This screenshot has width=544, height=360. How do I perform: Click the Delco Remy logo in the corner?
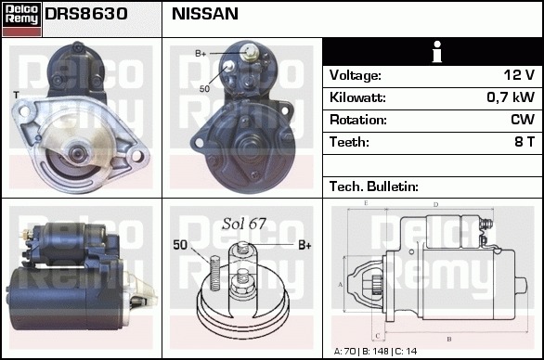pyautogui.click(x=21, y=19)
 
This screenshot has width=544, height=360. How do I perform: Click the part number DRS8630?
pyautogui.click(x=86, y=14)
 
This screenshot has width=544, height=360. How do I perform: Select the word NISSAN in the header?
pyautogui.click(x=205, y=14)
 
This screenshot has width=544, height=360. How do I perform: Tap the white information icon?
pyautogui.click(x=437, y=52)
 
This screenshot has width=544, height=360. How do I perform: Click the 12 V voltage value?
pyautogui.click(x=519, y=75)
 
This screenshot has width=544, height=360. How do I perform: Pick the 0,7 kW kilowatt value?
pyautogui.click(x=511, y=97)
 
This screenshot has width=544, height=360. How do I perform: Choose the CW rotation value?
pyautogui.click(x=523, y=120)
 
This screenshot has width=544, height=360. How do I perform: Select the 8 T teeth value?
pyautogui.click(x=525, y=142)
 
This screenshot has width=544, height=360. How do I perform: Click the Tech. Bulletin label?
pyautogui.click(x=374, y=186)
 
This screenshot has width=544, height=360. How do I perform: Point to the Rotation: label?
pyautogui.click(x=358, y=120)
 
